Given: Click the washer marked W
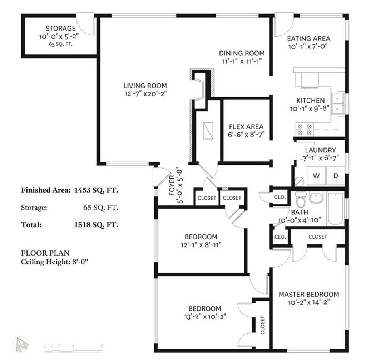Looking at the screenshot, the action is (x=316, y=175).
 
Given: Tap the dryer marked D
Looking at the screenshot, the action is (x=336, y=175).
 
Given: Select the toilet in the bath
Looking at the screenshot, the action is (x=301, y=199).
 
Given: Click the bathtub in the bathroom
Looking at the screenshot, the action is (x=336, y=209).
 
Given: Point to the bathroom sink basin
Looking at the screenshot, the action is (x=316, y=198).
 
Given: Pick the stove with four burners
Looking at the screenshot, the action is (x=305, y=129).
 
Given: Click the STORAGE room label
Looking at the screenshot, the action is (x=61, y=29).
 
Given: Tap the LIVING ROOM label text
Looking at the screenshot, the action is (x=145, y=86).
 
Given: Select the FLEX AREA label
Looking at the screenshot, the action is (x=246, y=127).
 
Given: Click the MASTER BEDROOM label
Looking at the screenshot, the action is (x=309, y=294).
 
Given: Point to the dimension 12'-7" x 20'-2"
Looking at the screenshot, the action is (x=145, y=94).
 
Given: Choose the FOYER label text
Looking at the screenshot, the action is (x=172, y=185).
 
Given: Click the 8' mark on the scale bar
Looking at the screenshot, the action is (x=102, y=345).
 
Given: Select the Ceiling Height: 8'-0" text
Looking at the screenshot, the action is (x=54, y=262).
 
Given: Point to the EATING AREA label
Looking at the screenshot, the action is (x=308, y=39).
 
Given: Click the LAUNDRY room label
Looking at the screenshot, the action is (x=321, y=150).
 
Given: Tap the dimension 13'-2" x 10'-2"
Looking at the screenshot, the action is (x=205, y=317).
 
